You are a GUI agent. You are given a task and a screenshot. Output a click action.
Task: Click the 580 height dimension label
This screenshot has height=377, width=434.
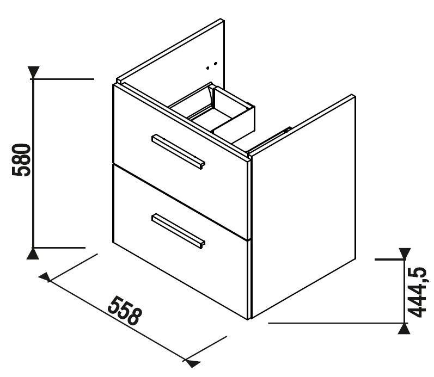(21, 160)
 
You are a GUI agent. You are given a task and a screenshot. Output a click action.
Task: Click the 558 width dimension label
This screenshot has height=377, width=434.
(125, 311)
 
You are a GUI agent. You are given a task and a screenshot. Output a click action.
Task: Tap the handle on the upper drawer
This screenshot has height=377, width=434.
(178, 152)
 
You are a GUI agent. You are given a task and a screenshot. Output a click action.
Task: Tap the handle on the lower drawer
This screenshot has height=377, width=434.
(178, 231)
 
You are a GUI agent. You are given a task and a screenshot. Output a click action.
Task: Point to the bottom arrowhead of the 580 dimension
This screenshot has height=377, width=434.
(33, 254)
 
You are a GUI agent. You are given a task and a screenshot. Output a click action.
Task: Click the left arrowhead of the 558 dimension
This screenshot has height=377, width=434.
(45, 277)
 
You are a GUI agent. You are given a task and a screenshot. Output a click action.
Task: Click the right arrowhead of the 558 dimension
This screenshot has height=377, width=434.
(192, 363)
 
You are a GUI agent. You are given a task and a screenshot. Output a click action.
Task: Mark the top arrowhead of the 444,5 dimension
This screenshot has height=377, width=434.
(405, 254)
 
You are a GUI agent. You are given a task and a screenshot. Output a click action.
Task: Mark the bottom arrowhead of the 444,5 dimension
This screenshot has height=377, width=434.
(404, 329)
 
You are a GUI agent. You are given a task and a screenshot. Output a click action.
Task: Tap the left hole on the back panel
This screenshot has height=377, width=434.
(208, 68)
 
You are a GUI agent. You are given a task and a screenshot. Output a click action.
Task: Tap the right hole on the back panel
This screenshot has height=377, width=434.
(216, 64)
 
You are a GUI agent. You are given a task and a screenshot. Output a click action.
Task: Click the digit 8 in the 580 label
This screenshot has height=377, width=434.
(21, 160)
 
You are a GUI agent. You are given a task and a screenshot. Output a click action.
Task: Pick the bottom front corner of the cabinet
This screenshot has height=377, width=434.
(248, 319)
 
